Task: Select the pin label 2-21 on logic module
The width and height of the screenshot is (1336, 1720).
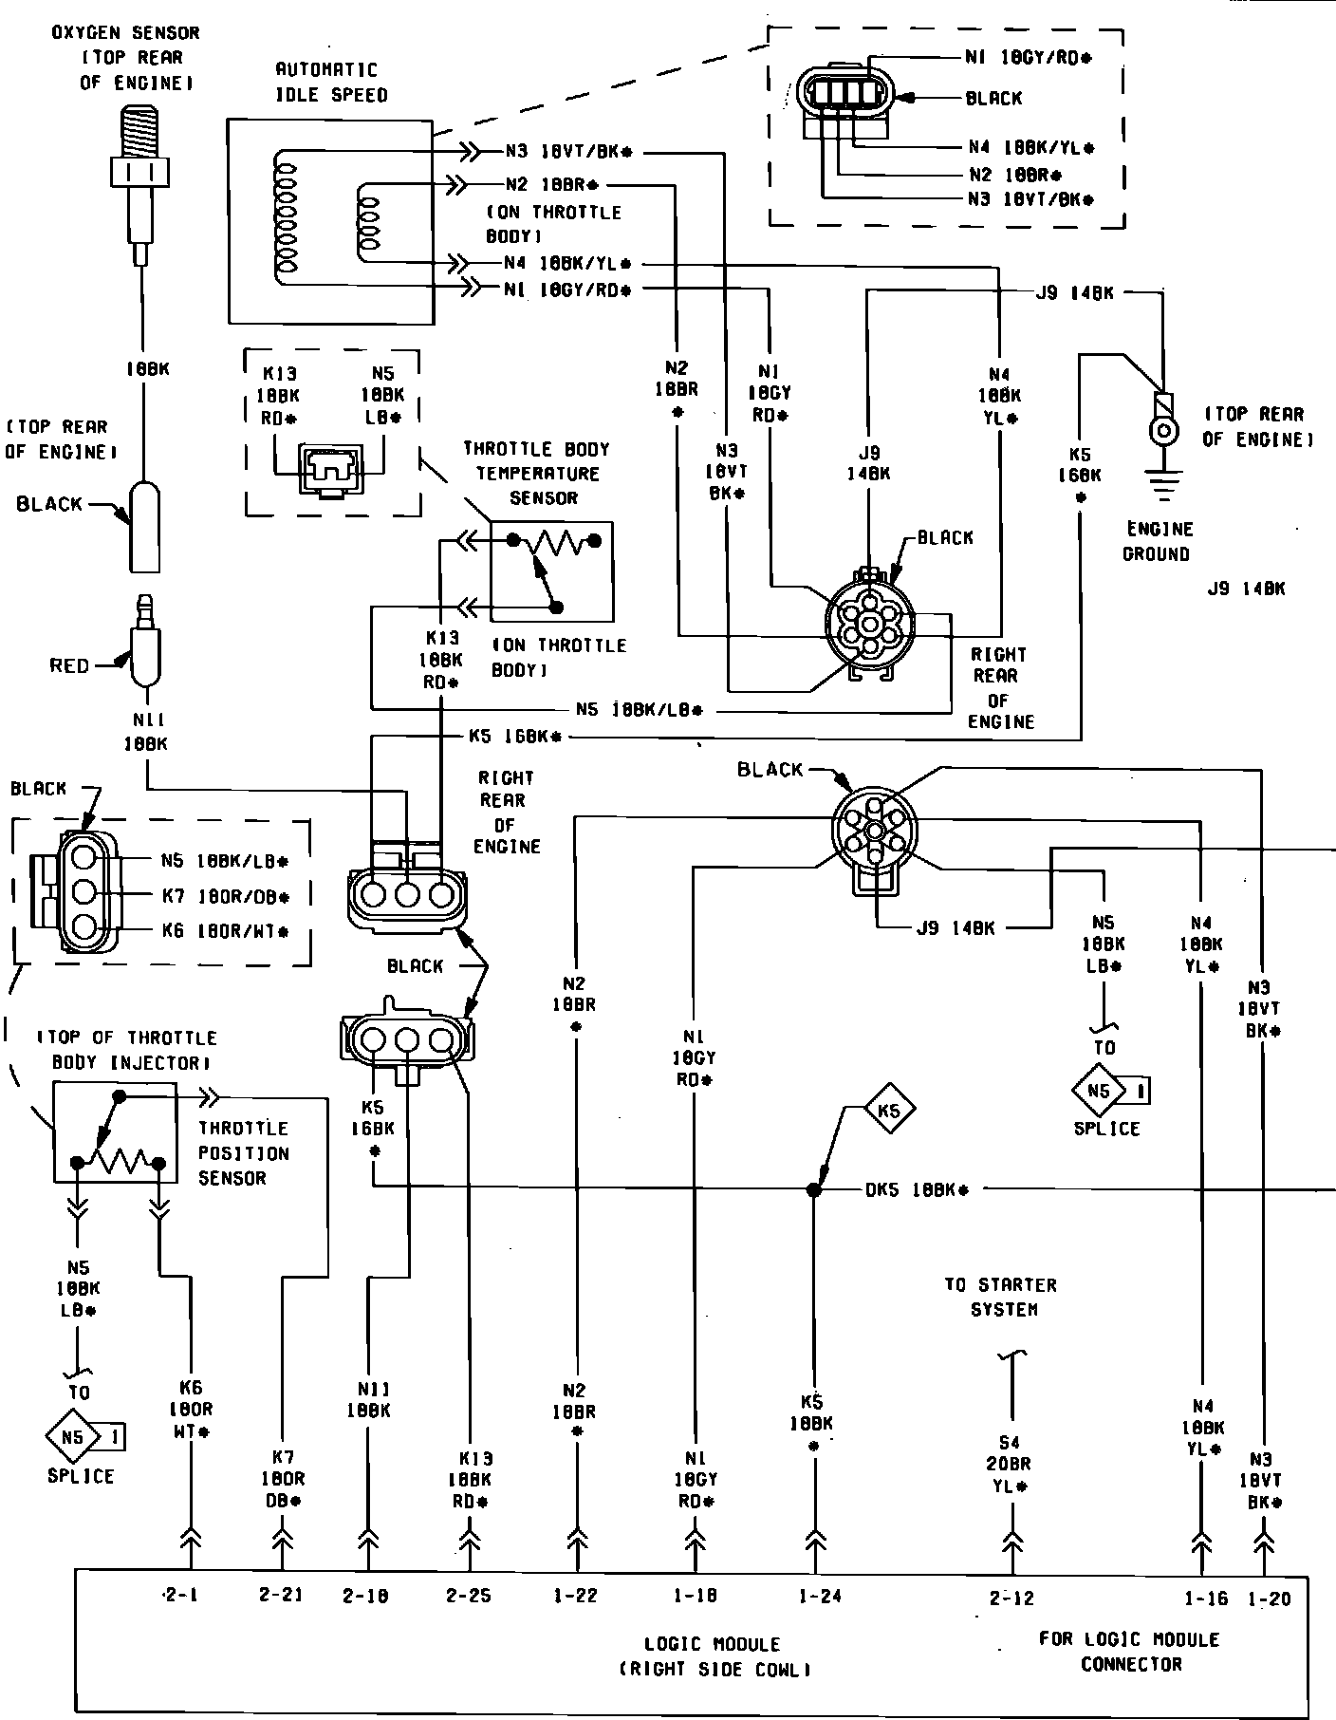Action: pos(281,1595)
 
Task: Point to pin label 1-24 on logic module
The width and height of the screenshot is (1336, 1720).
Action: pos(819,1596)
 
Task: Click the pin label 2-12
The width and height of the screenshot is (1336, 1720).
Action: pos(1011,1598)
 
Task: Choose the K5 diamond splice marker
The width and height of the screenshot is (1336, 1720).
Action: pos(888,1110)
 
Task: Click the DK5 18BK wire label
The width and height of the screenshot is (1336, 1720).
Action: pos(917,1189)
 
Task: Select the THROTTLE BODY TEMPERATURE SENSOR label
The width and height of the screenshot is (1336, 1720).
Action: pos(536,473)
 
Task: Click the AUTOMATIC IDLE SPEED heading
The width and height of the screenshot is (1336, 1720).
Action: pos(331,82)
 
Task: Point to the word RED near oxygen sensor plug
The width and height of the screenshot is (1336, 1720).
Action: pos(69,665)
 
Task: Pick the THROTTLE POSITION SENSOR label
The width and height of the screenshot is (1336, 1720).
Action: pos(243,1152)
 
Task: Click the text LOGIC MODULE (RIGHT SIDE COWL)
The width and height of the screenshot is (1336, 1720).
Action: pos(713,1656)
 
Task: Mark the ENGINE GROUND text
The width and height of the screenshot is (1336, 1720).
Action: pos(1158,541)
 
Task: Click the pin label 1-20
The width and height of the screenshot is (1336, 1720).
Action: pos(1270,1598)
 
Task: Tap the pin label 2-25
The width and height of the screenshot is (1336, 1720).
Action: pos(469,1595)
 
